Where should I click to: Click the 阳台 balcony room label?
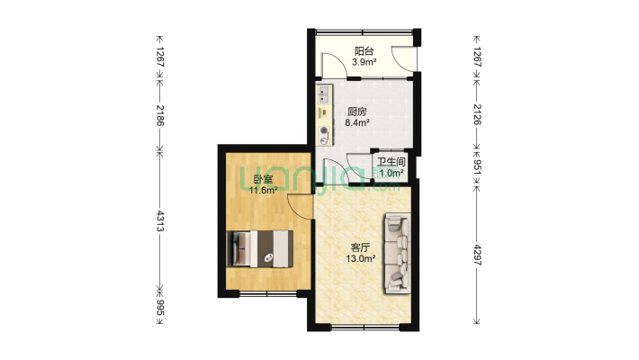[364, 51]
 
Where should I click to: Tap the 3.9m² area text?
[364, 62]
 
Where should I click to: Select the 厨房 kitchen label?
[357, 112]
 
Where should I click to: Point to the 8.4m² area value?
[357, 122]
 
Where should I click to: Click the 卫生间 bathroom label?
[391, 162]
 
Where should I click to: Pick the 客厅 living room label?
[360, 247]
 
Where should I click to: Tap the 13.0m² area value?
[360, 258]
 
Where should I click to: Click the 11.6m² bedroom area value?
[264, 190]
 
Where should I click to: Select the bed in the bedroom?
[259, 248]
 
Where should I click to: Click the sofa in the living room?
[396, 254]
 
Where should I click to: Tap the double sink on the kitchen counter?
[324, 95]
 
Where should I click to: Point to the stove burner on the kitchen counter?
[324, 130]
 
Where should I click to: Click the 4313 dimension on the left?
[159, 221]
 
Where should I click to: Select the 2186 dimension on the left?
[159, 115]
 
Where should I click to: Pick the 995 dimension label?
[159, 308]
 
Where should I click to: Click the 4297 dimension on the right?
[477, 256]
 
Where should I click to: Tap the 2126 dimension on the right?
[477, 114]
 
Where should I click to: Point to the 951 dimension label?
[477, 166]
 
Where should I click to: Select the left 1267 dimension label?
[159, 57]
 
